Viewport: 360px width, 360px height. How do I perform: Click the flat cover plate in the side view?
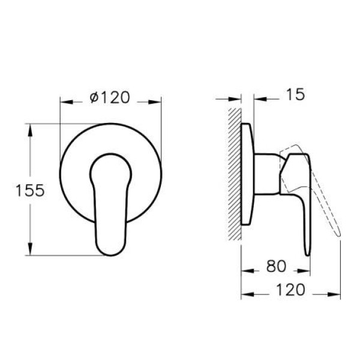(x=247, y=174)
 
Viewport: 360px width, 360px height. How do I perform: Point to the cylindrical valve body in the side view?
(x=267, y=174)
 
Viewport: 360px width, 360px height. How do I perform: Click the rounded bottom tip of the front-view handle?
(x=110, y=251)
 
